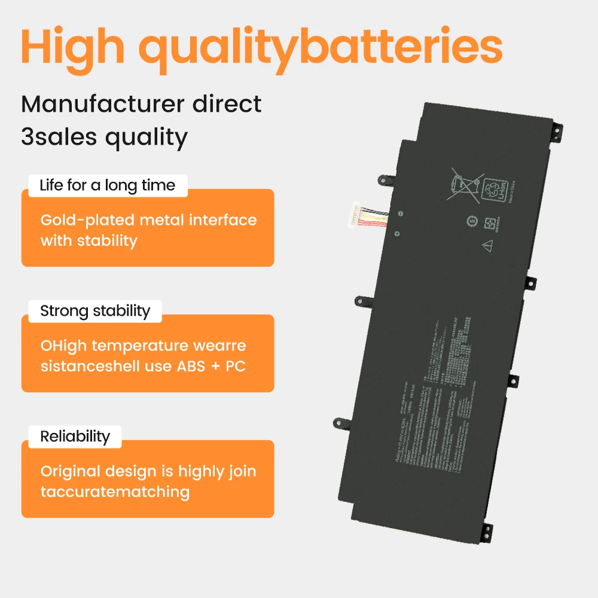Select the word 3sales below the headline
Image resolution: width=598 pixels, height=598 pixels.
coord(57,137)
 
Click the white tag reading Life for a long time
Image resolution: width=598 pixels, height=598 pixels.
coord(108,185)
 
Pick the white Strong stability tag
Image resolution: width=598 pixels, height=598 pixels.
coord(95,311)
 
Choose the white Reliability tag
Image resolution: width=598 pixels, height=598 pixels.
coord(75,437)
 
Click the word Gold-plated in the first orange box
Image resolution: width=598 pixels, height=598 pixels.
coord(86,220)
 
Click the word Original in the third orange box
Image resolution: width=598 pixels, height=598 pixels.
coord(69,471)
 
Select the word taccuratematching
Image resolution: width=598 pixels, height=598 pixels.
coord(115,492)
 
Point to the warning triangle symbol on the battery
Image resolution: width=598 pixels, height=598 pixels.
coord(487,245)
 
